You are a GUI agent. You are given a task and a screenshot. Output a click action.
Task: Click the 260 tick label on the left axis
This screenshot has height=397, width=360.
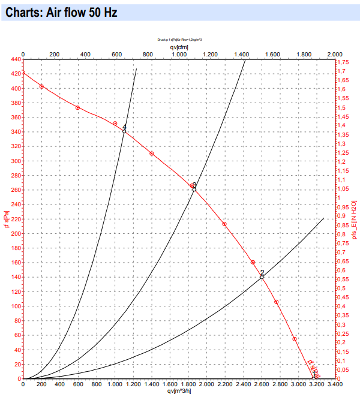click(x=13, y=190)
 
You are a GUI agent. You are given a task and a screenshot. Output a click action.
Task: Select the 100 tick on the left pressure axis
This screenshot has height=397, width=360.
click(x=13, y=306)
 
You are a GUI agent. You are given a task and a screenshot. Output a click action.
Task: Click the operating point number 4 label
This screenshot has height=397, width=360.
click(x=125, y=127)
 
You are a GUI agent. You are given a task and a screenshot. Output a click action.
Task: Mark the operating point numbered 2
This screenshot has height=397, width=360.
click(x=262, y=276)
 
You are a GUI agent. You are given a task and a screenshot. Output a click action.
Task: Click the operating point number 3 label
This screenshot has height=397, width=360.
click(x=194, y=185)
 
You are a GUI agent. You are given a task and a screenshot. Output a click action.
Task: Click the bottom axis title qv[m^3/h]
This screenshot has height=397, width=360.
click(x=179, y=392)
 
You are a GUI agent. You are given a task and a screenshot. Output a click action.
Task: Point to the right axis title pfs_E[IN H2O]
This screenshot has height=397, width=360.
click(x=355, y=221)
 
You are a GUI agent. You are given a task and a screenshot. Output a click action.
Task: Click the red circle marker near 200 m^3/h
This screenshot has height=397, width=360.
click(x=41, y=86)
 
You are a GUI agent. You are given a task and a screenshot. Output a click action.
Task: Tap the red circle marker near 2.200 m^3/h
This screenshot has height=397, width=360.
click(x=224, y=224)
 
